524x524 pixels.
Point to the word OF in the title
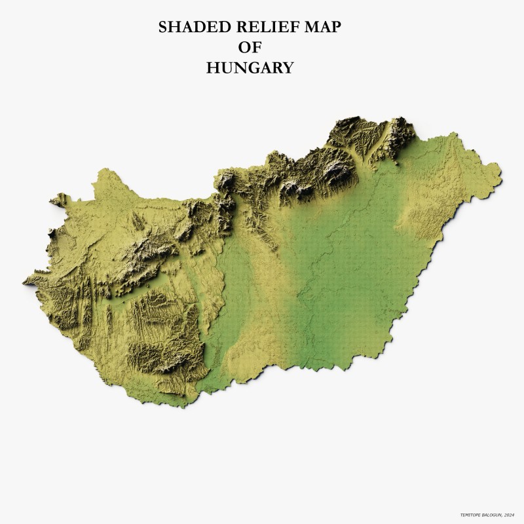(x=250, y=47)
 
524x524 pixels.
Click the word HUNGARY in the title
(x=250, y=67)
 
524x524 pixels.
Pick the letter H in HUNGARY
(x=212, y=67)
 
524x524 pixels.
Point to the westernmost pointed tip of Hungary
(x=24, y=282)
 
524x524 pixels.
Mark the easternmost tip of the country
(x=501, y=173)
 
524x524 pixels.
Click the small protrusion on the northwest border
(x=59, y=198)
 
